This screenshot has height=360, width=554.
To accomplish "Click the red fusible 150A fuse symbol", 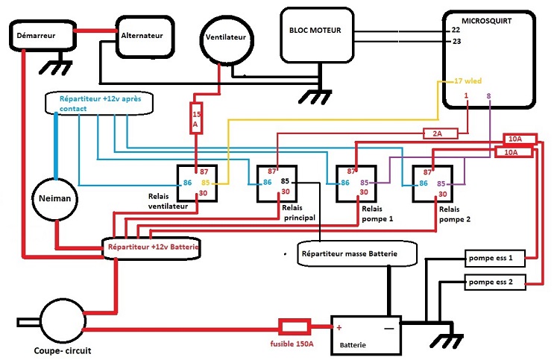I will click(294, 326).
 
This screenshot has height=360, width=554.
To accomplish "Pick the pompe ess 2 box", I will click(494, 282).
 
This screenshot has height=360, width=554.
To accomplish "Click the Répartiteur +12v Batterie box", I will click(152, 246).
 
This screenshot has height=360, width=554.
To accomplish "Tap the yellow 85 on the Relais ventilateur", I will click(206, 183).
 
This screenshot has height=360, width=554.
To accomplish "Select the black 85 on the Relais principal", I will click(284, 181).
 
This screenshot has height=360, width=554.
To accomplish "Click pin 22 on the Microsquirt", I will click(456, 29).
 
